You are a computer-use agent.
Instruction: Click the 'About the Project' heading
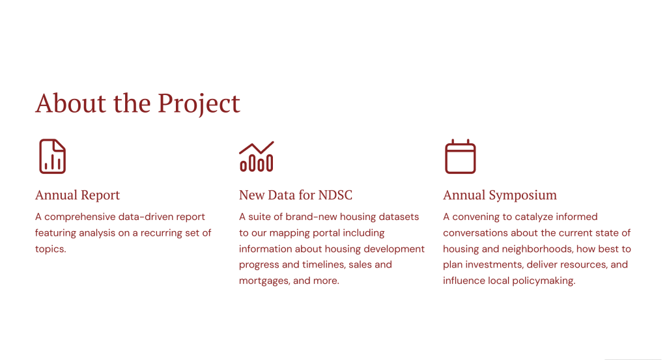[x=137, y=104]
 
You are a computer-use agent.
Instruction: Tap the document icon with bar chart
[x=52, y=156]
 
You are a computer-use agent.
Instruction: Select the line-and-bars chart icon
[x=257, y=156]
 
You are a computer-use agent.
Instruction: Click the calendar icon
[x=461, y=156]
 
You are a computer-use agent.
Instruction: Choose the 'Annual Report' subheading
[x=78, y=195]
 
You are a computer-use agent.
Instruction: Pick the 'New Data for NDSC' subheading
[x=296, y=195]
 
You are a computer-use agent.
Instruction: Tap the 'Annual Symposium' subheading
[x=500, y=195]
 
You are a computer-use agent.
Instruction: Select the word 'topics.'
[x=51, y=249]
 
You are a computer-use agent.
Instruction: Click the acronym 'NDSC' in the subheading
[x=335, y=195]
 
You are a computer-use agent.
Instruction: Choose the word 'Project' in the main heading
[x=199, y=104]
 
